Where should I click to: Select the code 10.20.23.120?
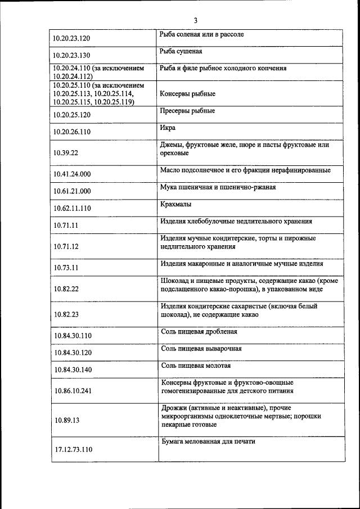(x=71, y=39)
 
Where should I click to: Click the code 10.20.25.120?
(x=71, y=115)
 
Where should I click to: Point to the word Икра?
(x=168, y=128)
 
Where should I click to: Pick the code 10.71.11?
(x=66, y=226)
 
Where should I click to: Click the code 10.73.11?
(x=66, y=268)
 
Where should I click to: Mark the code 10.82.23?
(x=66, y=314)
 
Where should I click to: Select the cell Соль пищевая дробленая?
(x=199, y=332)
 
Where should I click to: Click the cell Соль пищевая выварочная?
(x=201, y=349)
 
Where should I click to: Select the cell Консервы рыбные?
(x=187, y=94)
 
